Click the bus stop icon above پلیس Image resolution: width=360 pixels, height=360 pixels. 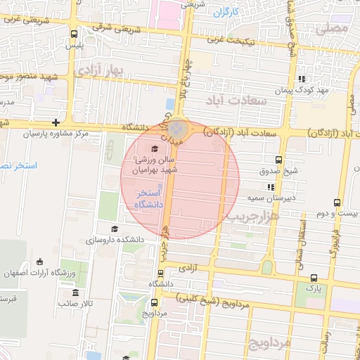[x=75, y=33]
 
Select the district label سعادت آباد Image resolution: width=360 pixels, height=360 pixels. [x=236, y=101]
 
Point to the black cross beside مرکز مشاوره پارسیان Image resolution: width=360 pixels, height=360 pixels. [x=56, y=123]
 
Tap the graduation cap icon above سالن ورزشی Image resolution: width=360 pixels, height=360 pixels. [x=155, y=147]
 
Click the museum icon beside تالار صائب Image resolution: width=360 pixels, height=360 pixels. [x=75, y=292]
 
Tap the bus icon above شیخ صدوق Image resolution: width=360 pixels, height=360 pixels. [x=278, y=160]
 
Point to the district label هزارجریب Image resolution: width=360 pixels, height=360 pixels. [x=252, y=218]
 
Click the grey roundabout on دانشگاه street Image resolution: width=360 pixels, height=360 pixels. [x=177, y=128]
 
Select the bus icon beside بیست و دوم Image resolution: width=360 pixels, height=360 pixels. [x=338, y=202]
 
